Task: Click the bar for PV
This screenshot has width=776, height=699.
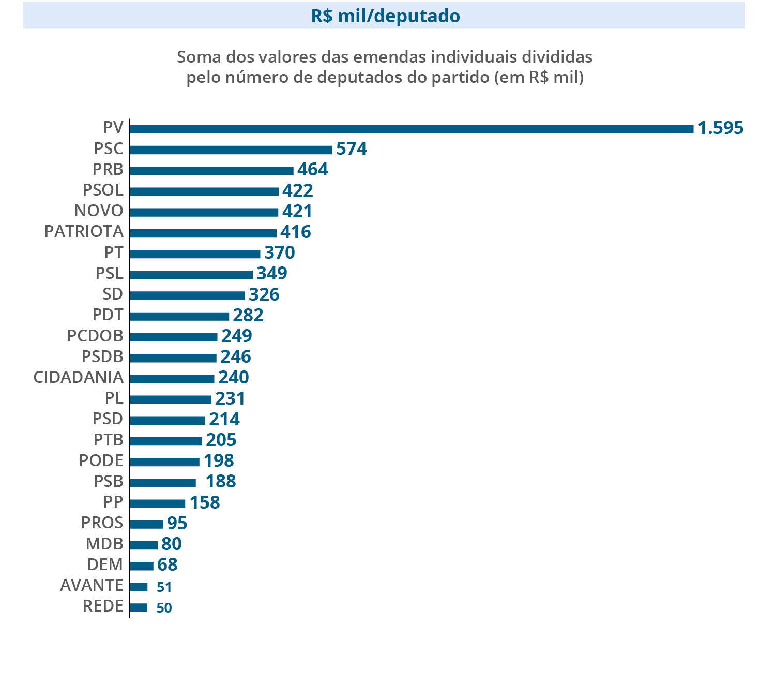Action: tap(411, 129)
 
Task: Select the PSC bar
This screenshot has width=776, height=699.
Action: tap(231, 150)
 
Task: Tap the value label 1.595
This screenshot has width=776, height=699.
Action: tap(720, 128)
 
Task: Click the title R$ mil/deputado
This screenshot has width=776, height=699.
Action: tap(385, 16)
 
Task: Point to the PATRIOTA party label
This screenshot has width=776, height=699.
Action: tap(84, 231)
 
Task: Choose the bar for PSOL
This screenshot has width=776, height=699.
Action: tap(204, 191)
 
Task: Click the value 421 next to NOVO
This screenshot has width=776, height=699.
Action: tap(297, 211)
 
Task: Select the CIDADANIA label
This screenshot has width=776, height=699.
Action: tap(79, 377)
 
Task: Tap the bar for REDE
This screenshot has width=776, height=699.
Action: tap(138, 607)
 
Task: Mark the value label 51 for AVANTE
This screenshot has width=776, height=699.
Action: tap(164, 587)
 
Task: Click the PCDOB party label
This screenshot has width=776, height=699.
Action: tap(95, 336)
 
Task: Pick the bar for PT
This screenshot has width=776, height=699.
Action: tap(194, 254)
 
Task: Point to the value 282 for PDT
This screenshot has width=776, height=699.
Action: tap(248, 315)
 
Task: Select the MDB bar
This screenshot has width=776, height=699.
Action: tap(143, 545)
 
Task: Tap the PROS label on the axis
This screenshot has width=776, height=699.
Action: tap(102, 523)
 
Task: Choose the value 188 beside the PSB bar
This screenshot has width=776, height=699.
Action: tap(221, 481)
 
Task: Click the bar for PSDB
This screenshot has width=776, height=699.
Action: tap(173, 358)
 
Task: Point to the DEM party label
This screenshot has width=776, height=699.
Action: tap(105, 564)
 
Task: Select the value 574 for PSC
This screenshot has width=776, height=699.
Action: tap(352, 149)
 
